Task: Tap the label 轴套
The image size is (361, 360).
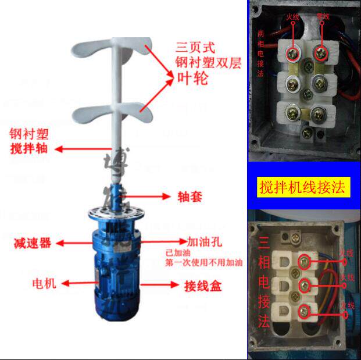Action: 190,197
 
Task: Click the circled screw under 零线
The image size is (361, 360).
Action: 320,54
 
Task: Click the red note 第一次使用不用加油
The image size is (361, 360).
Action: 203,263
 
